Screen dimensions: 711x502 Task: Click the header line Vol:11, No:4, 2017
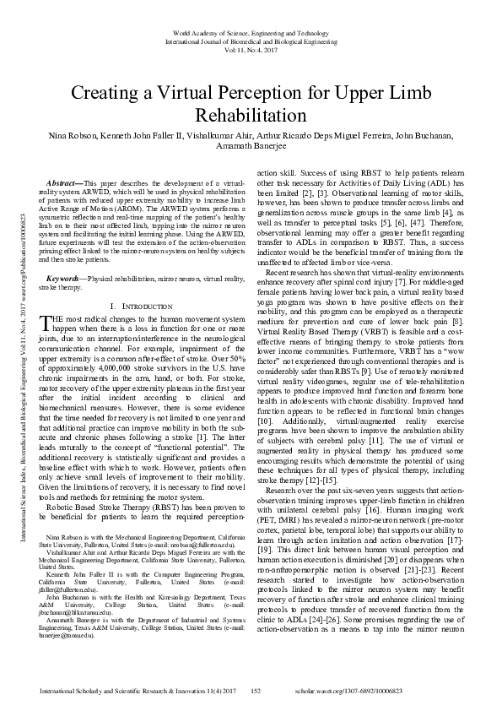(x=251, y=51)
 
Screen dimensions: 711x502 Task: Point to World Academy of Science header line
(x=251, y=32)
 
